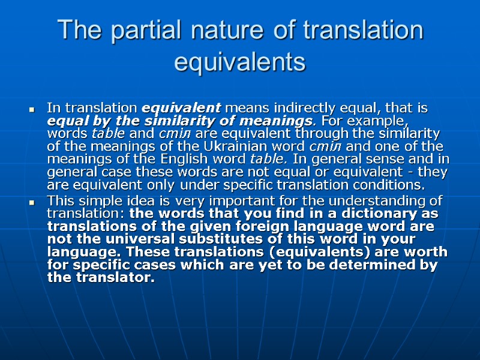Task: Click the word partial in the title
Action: [146, 31]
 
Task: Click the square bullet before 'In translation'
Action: [32, 110]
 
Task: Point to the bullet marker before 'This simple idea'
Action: [32, 202]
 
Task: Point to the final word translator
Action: [115, 278]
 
